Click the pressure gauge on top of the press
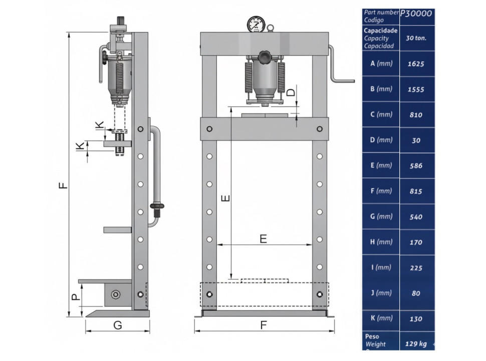pos(256,24)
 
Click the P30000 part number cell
pos(416,14)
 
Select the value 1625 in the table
pos(416,64)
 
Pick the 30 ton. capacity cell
pos(416,38)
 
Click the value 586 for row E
pos(416,165)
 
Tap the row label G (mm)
pos(381,217)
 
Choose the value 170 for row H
pos(416,242)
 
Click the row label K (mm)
pos(381,318)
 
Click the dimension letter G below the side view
pos(117,325)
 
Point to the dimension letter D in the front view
pos(292,92)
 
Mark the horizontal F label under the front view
pos(264,325)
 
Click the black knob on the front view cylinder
pos(264,57)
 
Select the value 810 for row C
pos(416,115)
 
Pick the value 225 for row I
pos(416,268)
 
